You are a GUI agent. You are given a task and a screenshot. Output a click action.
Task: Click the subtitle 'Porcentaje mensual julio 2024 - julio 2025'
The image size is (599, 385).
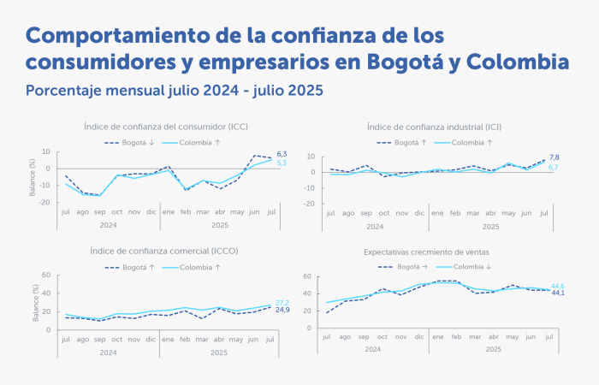175,90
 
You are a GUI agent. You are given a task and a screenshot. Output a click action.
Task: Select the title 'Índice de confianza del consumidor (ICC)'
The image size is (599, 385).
166,127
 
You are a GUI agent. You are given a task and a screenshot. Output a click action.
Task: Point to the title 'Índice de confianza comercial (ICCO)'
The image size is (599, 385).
166,251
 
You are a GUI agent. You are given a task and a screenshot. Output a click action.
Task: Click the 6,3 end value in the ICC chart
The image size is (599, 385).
282,154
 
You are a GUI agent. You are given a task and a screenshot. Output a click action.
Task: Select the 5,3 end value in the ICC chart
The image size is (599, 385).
282,163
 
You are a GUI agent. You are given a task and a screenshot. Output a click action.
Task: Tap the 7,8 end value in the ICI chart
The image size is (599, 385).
554,157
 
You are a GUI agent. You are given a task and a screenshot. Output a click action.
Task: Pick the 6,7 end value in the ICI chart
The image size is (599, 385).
554,168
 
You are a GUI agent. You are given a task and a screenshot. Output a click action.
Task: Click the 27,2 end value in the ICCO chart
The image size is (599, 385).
282,303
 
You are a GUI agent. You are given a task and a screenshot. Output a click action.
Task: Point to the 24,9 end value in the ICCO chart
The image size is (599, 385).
282,310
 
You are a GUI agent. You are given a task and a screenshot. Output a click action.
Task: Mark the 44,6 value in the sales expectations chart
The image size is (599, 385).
557,286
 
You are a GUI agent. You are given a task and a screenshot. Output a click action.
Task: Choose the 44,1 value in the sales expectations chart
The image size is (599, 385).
557,293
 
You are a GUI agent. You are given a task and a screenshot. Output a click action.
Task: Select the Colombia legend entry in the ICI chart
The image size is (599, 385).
467,142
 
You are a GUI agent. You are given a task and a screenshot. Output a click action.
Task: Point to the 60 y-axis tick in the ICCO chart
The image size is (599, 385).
47,276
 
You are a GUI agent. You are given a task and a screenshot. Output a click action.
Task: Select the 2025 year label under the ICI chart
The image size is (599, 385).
490,227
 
